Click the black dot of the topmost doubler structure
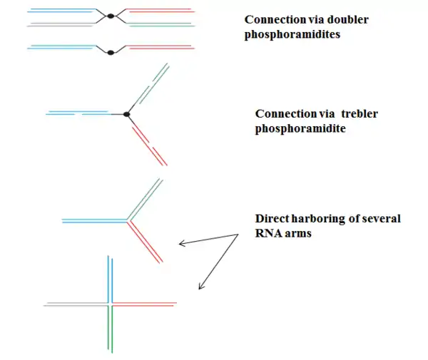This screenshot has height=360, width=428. [110, 15]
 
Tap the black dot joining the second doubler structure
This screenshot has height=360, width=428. [110, 51]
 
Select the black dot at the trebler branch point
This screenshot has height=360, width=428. [126, 114]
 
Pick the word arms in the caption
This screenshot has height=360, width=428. [300, 233]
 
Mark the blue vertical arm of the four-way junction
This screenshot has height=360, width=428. [109, 278]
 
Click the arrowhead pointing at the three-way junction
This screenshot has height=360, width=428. [180, 245]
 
